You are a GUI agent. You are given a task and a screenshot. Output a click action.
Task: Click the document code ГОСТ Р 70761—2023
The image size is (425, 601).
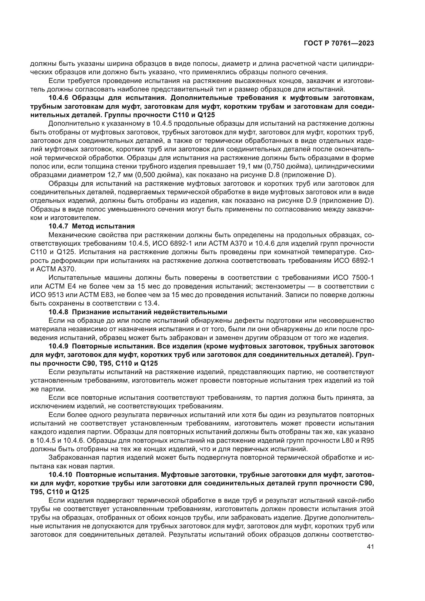pos(339,43)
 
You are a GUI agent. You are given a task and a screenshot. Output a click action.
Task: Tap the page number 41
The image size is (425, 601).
pos(371,554)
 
